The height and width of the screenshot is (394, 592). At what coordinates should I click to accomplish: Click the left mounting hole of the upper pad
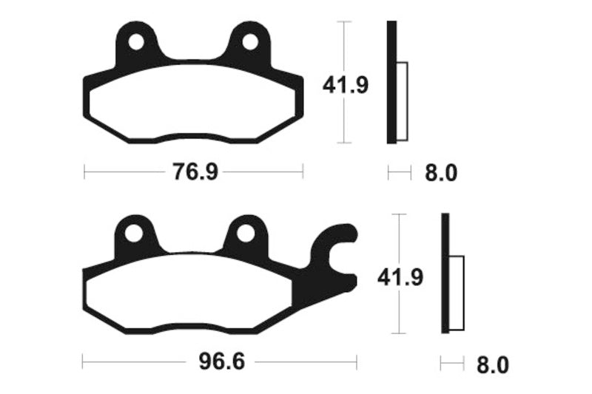tap(136, 42)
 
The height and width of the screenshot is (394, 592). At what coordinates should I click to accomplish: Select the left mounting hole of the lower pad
tap(134, 234)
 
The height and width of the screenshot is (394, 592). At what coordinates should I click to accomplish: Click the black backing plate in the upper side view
tap(391, 81)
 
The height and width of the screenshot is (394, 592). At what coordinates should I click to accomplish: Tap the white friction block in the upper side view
tap(403, 101)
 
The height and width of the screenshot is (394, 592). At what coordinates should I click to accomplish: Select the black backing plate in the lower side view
tap(445, 274)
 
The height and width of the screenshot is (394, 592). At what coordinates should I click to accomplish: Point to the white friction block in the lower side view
tap(457, 292)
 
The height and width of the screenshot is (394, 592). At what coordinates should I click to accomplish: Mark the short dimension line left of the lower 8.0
tap(451, 364)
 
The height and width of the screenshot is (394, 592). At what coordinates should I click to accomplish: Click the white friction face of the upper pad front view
tap(192, 103)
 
